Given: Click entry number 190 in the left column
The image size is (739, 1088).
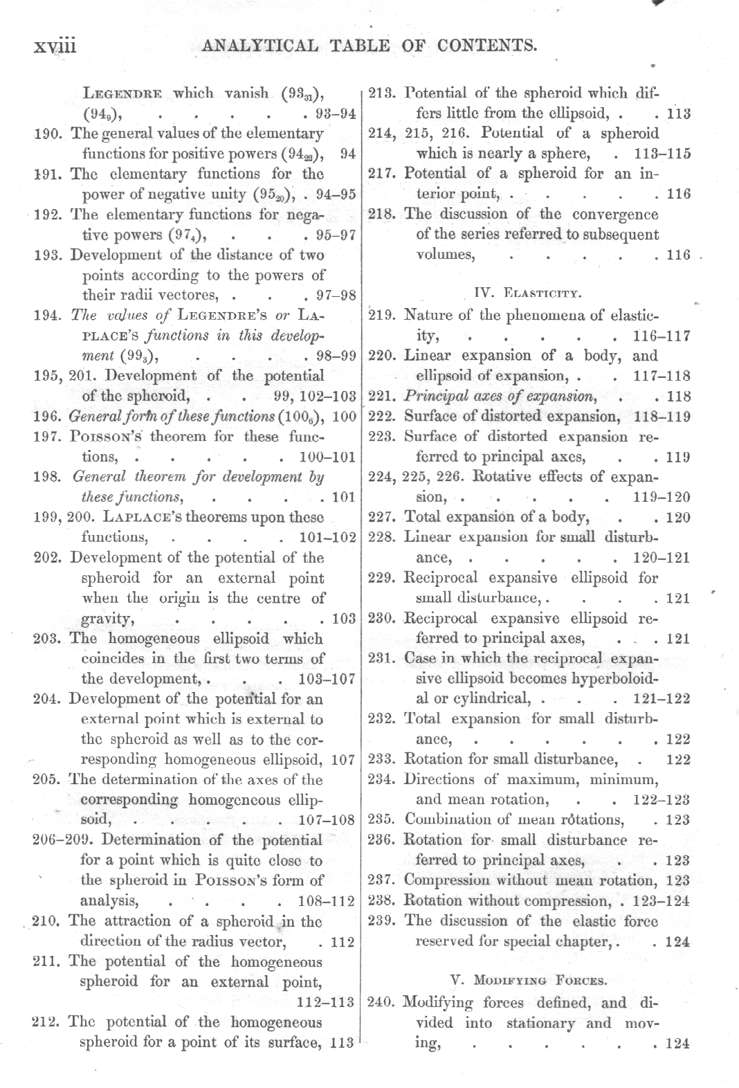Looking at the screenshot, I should point(48,134).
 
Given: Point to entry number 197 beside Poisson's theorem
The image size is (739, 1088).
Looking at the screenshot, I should point(48,437).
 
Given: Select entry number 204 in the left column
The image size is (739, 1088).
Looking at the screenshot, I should point(48,698).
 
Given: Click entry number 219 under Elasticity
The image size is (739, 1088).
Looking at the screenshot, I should point(382,316).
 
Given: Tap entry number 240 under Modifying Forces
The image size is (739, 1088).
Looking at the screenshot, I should point(382,1002).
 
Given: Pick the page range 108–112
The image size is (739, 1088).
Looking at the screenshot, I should point(325,901).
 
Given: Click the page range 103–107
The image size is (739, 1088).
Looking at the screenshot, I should point(325,679).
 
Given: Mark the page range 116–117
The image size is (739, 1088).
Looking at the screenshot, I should point(662,336).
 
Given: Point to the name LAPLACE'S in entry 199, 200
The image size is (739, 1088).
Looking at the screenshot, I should point(137,517).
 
